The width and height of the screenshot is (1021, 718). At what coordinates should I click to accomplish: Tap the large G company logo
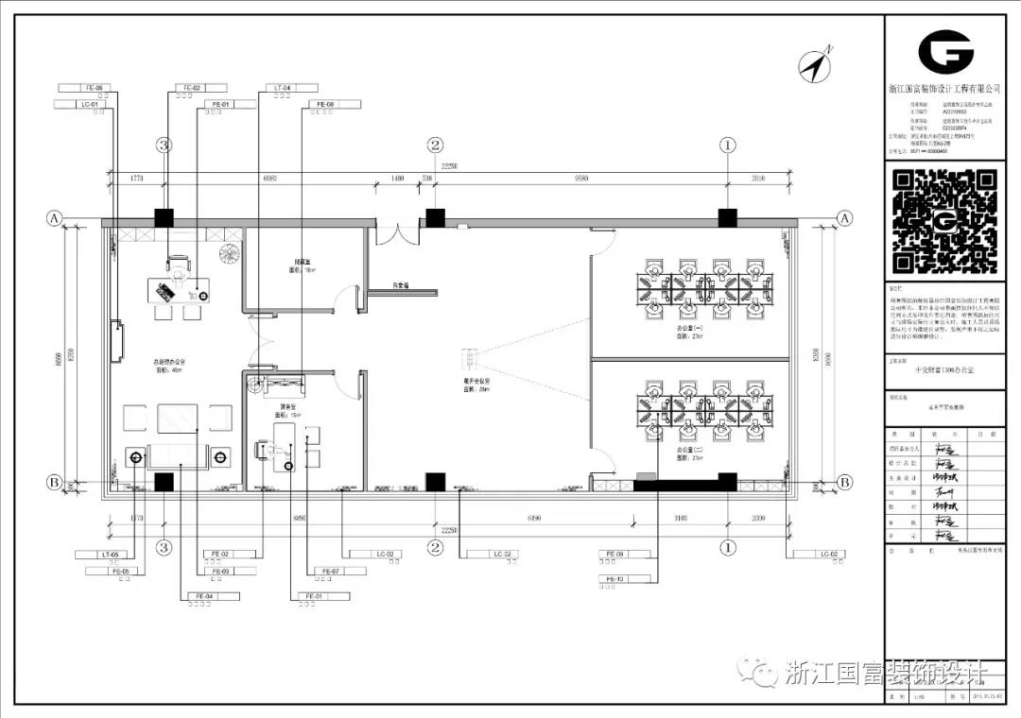[945, 51]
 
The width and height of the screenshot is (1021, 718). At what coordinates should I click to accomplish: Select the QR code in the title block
[944, 219]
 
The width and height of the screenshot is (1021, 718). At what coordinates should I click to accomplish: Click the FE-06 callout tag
[93, 88]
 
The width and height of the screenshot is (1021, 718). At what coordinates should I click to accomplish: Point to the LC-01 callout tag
[92, 104]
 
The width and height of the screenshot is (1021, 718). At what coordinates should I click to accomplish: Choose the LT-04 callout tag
[282, 88]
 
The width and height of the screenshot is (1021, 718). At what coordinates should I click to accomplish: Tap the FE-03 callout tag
[220, 572]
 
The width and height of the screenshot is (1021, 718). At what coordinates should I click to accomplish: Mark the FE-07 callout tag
[330, 572]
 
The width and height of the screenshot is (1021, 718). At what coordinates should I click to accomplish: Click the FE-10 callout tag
[614, 578]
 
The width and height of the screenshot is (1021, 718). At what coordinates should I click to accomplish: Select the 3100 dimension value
[681, 517]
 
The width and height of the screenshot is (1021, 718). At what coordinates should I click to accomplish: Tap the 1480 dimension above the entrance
[397, 178]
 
